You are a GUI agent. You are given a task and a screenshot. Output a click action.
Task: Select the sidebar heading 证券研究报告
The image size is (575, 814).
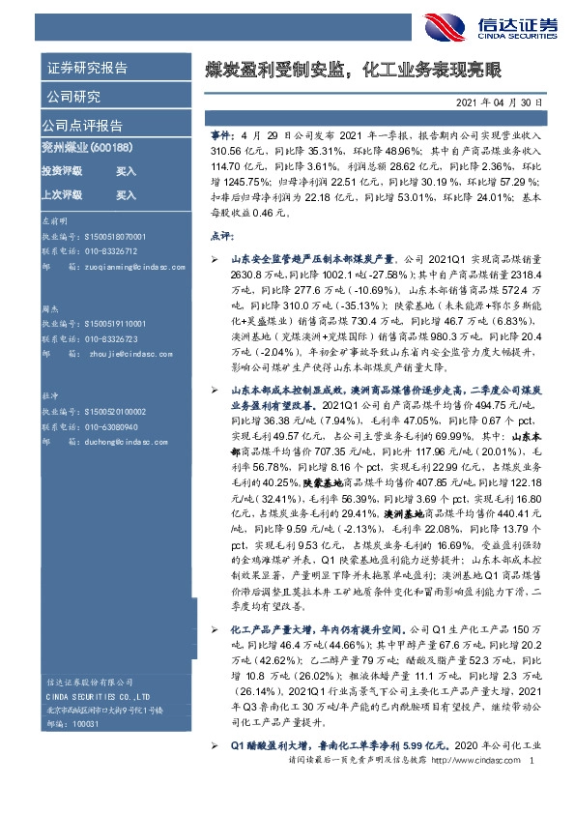[x=87, y=69]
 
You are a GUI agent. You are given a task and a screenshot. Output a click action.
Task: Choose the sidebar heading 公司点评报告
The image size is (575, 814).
[x=81, y=126]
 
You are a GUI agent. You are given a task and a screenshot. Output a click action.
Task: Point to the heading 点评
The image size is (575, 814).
[x=221, y=235]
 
